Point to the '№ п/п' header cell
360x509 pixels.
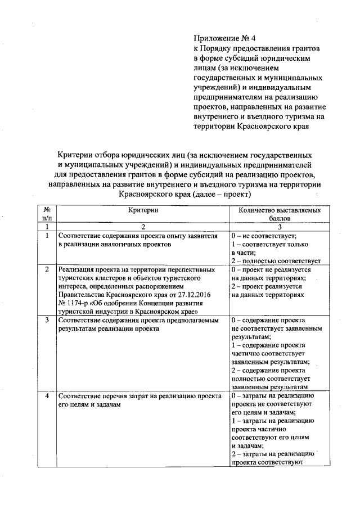[x=47, y=214]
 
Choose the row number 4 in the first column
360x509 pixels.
[x=47, y=397]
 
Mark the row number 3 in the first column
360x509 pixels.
[x=47, y=320]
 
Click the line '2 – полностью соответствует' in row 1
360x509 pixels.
[x=276, y=260]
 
